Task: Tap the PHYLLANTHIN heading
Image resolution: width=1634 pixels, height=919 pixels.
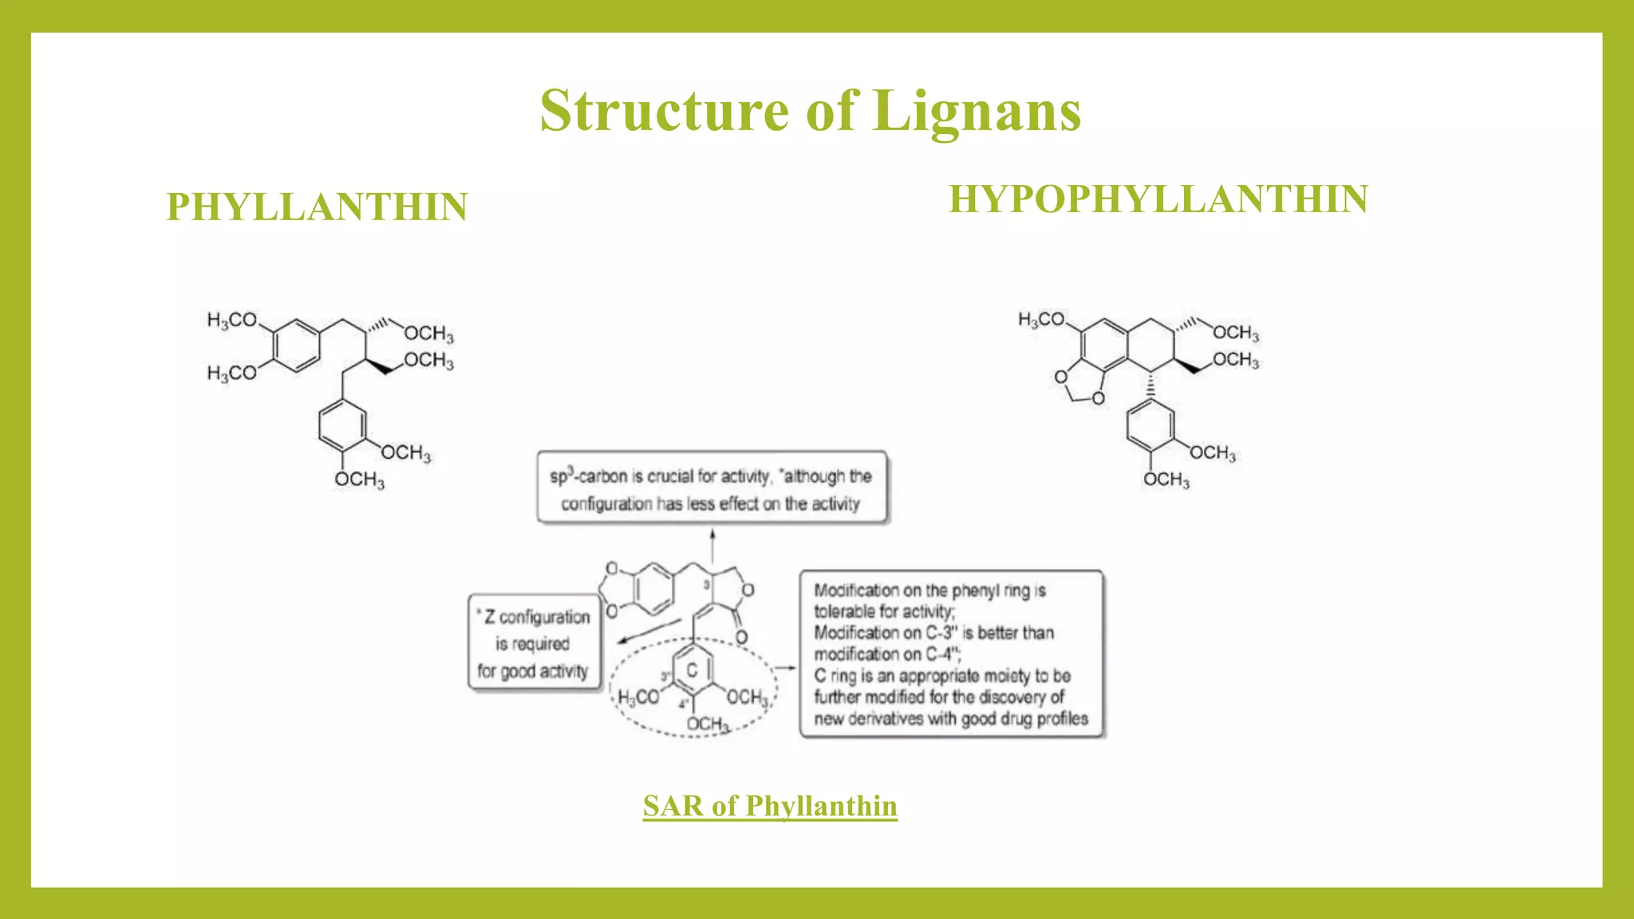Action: [317, 207]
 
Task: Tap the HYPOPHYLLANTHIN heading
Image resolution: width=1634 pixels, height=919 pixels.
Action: [1158, 199]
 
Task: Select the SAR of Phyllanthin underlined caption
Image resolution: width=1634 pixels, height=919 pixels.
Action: [770, 806]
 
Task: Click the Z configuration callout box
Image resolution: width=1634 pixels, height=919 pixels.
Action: [533, 643]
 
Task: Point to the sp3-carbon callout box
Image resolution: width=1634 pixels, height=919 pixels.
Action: [712, 488]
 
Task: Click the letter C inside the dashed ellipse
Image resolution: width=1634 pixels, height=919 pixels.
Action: [692, 671]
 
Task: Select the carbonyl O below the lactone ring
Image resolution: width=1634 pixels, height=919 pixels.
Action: [741, 637]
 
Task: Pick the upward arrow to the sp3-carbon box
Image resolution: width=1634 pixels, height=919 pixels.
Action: [712, 546]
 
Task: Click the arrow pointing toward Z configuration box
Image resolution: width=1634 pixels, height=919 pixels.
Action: [648, 631]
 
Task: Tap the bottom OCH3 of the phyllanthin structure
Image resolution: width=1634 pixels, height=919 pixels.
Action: [359, 479]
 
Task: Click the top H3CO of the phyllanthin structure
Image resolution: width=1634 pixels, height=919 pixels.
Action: [232, 321]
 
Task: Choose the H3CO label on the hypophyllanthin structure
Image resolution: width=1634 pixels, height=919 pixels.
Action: [1041, 320]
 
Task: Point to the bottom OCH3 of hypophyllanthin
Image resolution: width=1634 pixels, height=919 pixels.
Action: [1166, 479]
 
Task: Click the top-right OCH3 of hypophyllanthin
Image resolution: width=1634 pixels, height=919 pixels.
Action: [1235, 333]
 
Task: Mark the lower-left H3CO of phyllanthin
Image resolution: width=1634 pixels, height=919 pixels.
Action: [232, 373]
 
